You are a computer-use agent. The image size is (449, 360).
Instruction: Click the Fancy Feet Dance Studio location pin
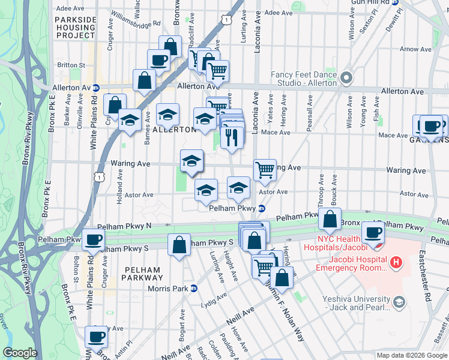tap(346, 78)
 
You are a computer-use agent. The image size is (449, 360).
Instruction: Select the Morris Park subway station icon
tap(194, 288)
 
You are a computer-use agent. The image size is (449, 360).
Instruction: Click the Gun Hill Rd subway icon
tap(395, 2)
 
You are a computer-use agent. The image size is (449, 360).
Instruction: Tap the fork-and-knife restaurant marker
tap(232, 137)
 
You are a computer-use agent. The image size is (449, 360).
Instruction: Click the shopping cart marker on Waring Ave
tap(265, 170)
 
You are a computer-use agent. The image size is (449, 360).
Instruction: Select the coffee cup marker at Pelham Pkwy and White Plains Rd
tap(94, 239)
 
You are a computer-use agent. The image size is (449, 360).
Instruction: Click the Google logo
tap(20, 353)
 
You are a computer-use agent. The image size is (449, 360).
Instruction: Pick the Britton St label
tap(71, 65)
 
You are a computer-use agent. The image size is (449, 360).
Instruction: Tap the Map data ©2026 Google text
tap(411, 355)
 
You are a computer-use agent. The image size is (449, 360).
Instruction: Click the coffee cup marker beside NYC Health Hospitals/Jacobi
tap(372, 232)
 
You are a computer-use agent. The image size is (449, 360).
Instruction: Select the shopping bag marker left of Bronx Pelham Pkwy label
tap(330, 219)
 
